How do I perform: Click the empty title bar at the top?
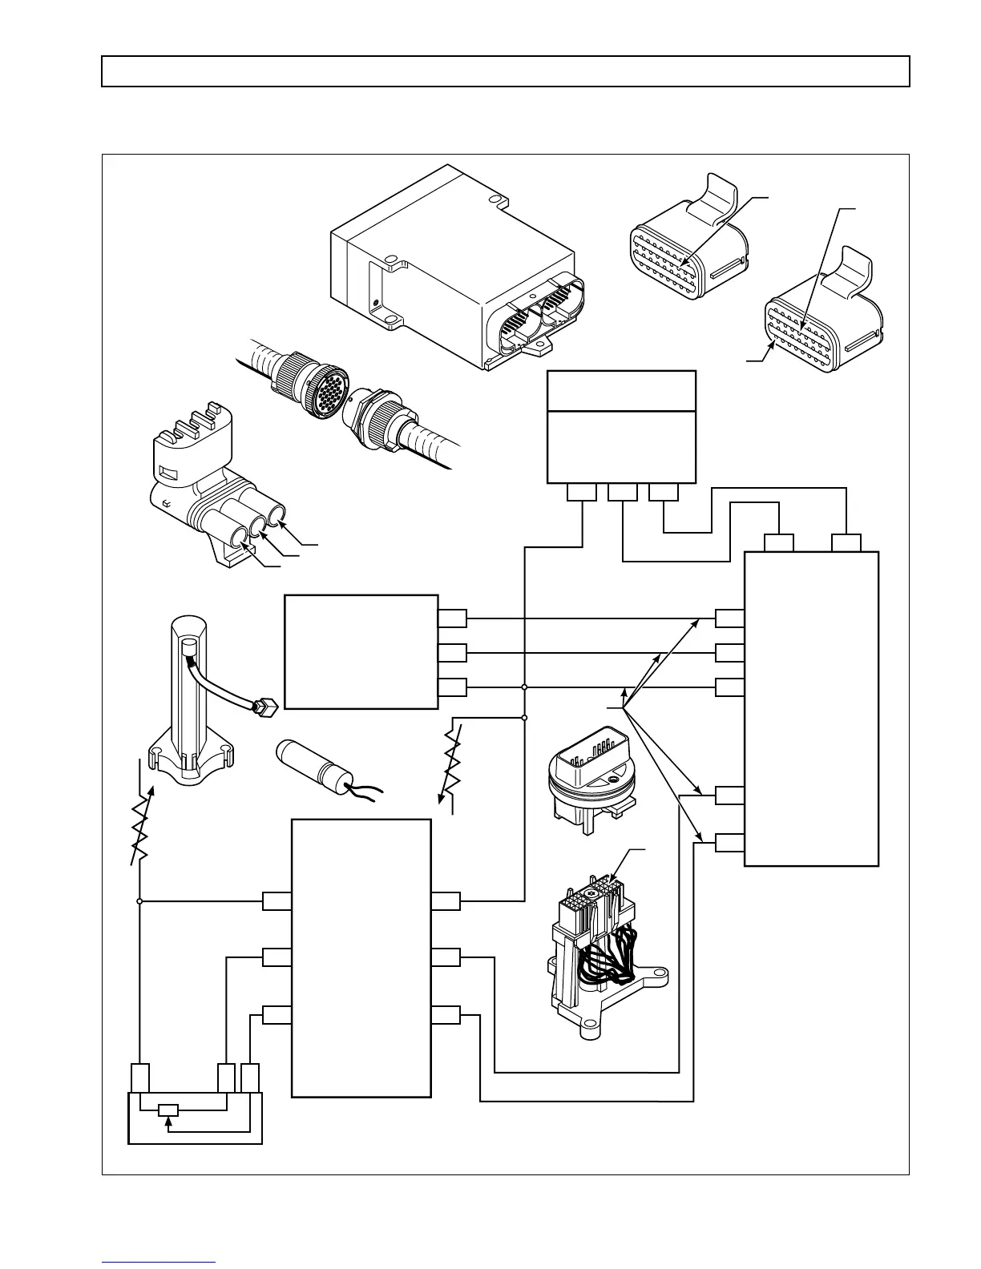(x=505, y=71)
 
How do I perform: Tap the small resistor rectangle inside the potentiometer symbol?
(x=168, y=1110)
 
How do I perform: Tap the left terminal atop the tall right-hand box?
(x=778, y=543)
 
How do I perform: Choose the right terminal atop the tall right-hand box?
(x=846, y=543)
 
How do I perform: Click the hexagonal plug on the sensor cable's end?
(x=265, y=706)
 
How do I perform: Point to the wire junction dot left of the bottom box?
(x=139, y=901)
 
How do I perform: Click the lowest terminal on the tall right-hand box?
(x=729, y=843)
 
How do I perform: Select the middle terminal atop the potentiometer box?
(x=227, y=1078)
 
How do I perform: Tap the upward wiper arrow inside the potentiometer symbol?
(x=168, y=1123)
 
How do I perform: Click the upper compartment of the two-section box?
(x=620, y=391)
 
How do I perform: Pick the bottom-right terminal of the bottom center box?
(x=446, y=1015)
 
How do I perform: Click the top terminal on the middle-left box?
(x=453, y=618)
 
